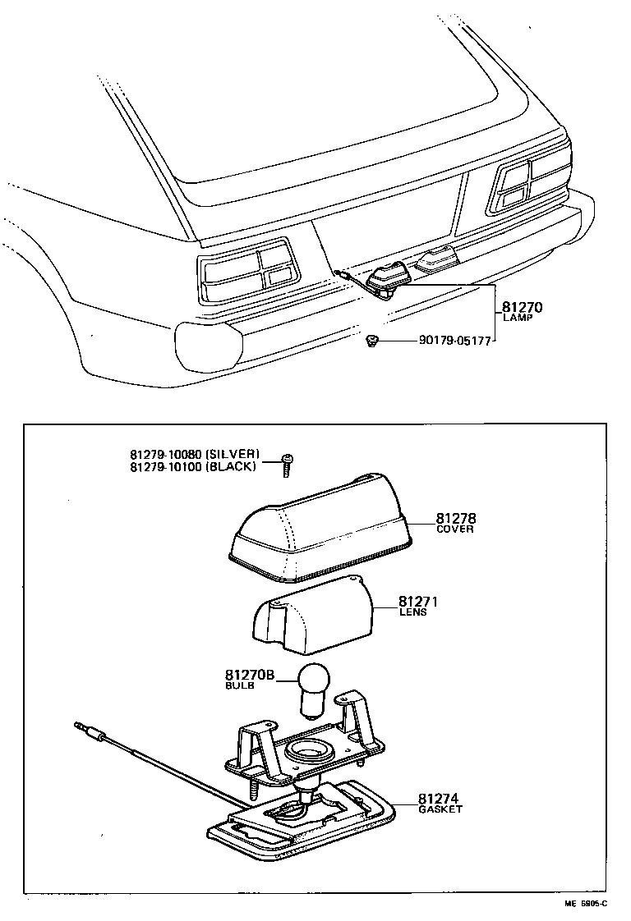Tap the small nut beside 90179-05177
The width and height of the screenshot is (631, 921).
[x=372, y=339]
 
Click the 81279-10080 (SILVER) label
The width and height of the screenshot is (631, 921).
[x=195, y=454]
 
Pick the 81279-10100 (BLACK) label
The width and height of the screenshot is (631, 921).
[x=193, y=466]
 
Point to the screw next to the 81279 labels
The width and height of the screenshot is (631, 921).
[x=287, y=463]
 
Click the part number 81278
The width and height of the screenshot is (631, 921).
[x=456, y=519]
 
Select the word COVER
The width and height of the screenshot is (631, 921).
[x=454, y=530]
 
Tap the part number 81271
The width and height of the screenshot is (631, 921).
[x=418, y=602]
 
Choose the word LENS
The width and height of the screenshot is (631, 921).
[x=412, y=612]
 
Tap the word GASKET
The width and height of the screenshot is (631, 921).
[x=440, y=809]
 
